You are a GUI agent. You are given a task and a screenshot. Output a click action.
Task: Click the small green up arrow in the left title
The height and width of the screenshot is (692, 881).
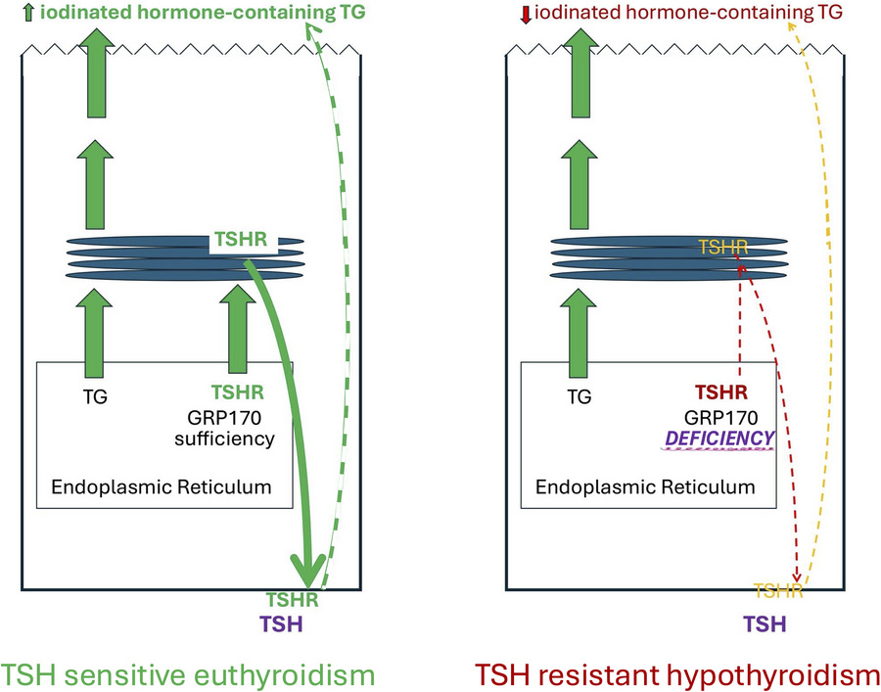(9, 13)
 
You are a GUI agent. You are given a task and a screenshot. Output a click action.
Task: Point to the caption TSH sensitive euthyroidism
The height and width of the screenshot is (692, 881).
(189, 674)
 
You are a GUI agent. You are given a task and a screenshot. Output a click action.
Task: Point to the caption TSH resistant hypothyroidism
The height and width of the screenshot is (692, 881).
(672, 674)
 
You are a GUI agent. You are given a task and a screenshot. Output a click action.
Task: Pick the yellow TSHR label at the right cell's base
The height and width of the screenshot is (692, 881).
(778, 590)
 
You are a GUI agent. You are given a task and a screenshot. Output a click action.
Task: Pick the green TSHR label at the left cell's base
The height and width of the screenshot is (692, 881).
(293, 599)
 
